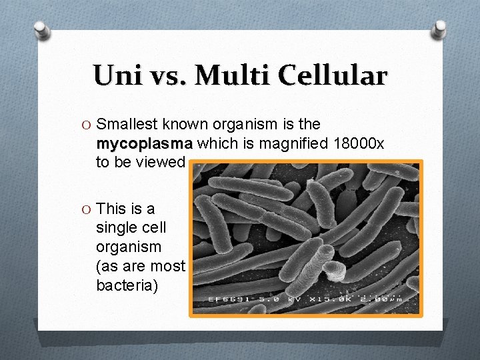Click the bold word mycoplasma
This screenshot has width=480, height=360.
point(145,143)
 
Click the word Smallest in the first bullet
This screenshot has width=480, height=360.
point(125,124)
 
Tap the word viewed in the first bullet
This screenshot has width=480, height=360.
point(160,162)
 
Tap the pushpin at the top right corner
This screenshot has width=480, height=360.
point(439,28)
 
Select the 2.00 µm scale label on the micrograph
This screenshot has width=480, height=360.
point(383,299)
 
